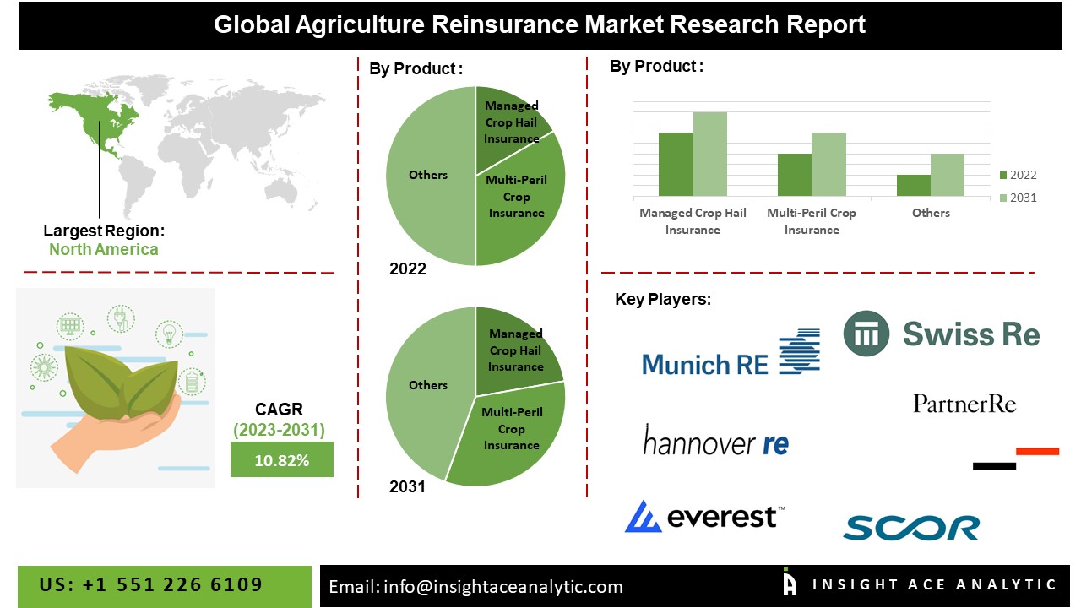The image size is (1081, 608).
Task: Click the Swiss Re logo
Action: [x=941, y=334]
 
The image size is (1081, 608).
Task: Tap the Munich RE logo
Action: [x=731, y=353]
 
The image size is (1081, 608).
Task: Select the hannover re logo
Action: [x=716, y=440]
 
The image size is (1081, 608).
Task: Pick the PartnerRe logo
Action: [x=964, y=404]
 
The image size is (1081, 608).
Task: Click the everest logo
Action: [x=704, y=516]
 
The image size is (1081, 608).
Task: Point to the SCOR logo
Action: [x=911, y=528]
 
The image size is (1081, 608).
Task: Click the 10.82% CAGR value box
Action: [x=282, y=459]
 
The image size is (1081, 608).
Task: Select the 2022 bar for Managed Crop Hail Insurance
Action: [x=676, y=164]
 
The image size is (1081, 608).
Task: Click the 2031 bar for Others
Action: [x=948, y=175]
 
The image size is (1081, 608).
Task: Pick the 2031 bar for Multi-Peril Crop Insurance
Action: [x=828, y=164]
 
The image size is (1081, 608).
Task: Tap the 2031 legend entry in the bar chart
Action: [x=1018, y=198]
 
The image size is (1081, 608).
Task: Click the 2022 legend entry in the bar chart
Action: [x=1018, y=175]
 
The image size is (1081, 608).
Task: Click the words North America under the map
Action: [x=104, y=249]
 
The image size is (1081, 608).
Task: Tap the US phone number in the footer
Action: [x=150, y=584]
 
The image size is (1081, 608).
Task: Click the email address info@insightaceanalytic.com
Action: [x=502, y=587]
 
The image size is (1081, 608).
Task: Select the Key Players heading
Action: [x=663, y=299]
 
